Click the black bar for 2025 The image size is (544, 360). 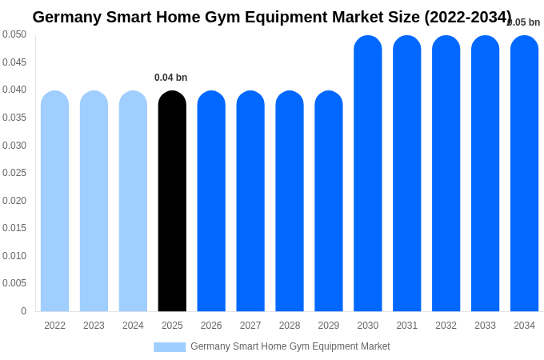[172, 201]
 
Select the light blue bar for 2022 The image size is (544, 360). [54, 201]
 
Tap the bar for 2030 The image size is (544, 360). [368, 174]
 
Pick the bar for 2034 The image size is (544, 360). [524, 174]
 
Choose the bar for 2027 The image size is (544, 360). [250, 201]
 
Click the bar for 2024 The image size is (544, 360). [133, 201]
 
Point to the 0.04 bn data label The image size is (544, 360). [170, 78]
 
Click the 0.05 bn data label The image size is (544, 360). [524, 22]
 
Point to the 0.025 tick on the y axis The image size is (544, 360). [14, 173]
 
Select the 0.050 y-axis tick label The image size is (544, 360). [14, 34]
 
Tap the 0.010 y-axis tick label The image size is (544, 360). [14, 256]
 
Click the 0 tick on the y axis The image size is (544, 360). [23, 311]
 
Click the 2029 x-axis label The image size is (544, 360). [329, 326]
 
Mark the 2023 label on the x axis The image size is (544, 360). [94, 326]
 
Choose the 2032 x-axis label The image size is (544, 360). [446, 326]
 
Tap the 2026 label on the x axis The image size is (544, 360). [211, 326]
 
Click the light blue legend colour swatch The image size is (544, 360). [170, 347]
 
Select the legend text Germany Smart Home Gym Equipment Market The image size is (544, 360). [290, 346]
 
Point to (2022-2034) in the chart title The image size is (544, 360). [467, 17]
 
